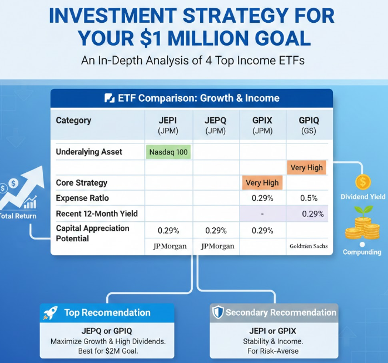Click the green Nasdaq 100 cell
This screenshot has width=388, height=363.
[x=168, y=152]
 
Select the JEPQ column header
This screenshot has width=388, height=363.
[x=215, y=125]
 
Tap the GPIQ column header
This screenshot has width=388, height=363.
[x=309, y=125]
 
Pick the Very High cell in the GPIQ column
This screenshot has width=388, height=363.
[x=307, y=167]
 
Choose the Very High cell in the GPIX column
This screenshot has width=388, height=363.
[x=262, y=183]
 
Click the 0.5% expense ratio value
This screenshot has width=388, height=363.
[x=309, y=198]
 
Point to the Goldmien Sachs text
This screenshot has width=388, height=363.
[x=309, y=246]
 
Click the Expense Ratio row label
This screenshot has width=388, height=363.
[x=82, y=198]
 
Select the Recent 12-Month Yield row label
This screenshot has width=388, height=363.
[x=97, y=213]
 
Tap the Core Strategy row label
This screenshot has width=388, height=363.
[x=82, y=183]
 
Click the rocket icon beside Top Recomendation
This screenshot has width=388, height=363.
[x=51, y=313]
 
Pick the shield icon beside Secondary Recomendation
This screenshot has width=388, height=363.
[x=218, y=312]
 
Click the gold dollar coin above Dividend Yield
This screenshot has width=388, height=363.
[x=363, y=182]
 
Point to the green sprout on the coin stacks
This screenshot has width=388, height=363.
[x=363, y=211]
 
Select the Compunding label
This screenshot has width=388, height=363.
[x=362, y=252]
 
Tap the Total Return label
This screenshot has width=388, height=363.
[x=18, y=216]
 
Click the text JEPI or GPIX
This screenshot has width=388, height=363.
[x=273, y=331]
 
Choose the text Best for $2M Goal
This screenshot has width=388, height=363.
[x=108, y=351]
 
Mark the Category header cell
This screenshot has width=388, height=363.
[x=73, y=121]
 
